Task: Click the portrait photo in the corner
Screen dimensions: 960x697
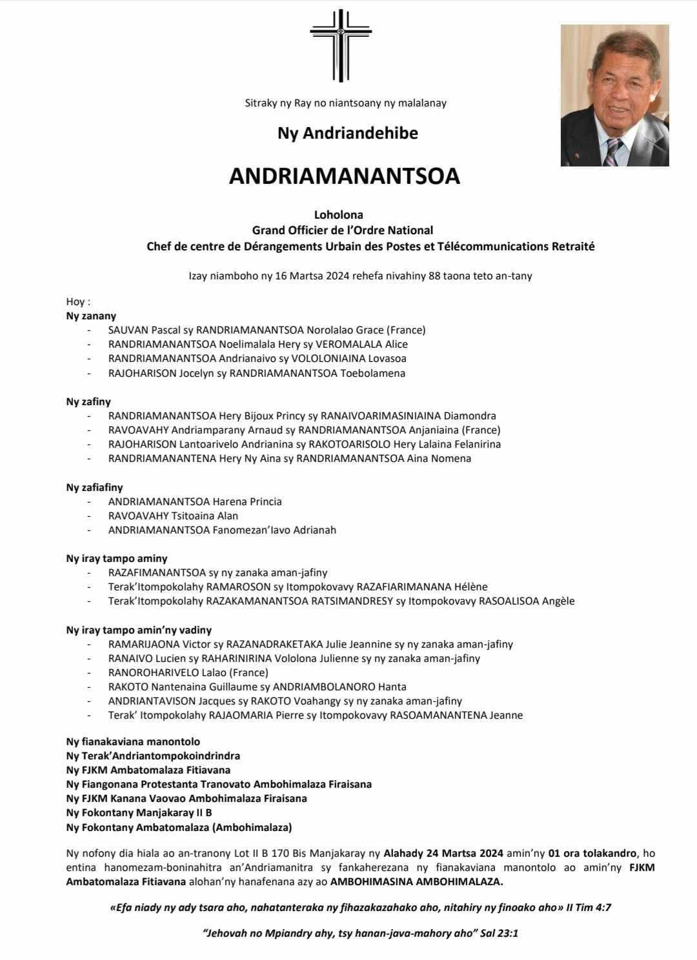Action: tap(614, 95)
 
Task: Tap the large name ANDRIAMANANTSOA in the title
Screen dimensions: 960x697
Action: tap(344, 177)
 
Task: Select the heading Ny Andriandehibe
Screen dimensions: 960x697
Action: tap(348, 134)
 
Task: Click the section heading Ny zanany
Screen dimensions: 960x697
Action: tap(91, 316)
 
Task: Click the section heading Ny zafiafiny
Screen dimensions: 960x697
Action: tap(94, 488)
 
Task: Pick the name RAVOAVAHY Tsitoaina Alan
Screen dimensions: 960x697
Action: tap(173, 516)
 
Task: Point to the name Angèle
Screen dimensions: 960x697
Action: tap(558, 601)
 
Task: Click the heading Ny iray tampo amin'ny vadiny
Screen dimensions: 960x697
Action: tap(139, 630)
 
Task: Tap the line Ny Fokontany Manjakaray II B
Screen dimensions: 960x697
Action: tap(139, 813)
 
